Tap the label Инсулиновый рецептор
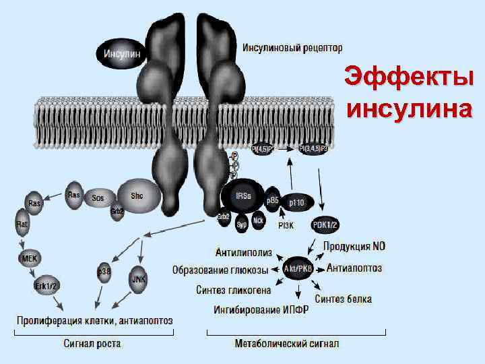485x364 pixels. (x=292, y=48)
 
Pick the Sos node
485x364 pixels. (x=98, y=198)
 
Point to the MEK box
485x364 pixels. (x=28, y=257)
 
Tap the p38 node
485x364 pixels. (x=104, y=271)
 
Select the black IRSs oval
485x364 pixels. (x=243, y=195)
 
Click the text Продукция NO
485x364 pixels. (x=354, y=247)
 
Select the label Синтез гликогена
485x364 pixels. (x=234, y=291)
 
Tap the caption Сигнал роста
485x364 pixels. (x=92, y=343)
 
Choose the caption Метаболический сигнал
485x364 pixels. (x=287, y=343)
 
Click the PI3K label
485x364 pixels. (x=286, y=225)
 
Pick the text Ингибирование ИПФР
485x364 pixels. (x=261, y=310)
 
